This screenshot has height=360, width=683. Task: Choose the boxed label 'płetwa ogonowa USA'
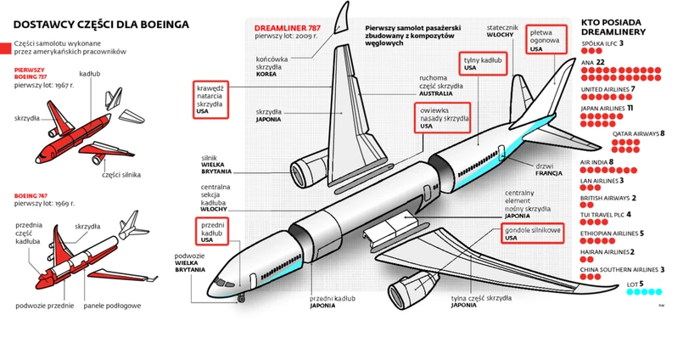point(546,39)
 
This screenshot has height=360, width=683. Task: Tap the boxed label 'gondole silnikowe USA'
point(533,233)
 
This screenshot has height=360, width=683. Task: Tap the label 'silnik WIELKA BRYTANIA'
point(217,165)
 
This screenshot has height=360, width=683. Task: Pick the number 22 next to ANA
point(600,62)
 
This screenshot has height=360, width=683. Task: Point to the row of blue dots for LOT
point(646,293)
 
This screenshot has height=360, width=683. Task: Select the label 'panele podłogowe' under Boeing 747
point(112,305)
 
